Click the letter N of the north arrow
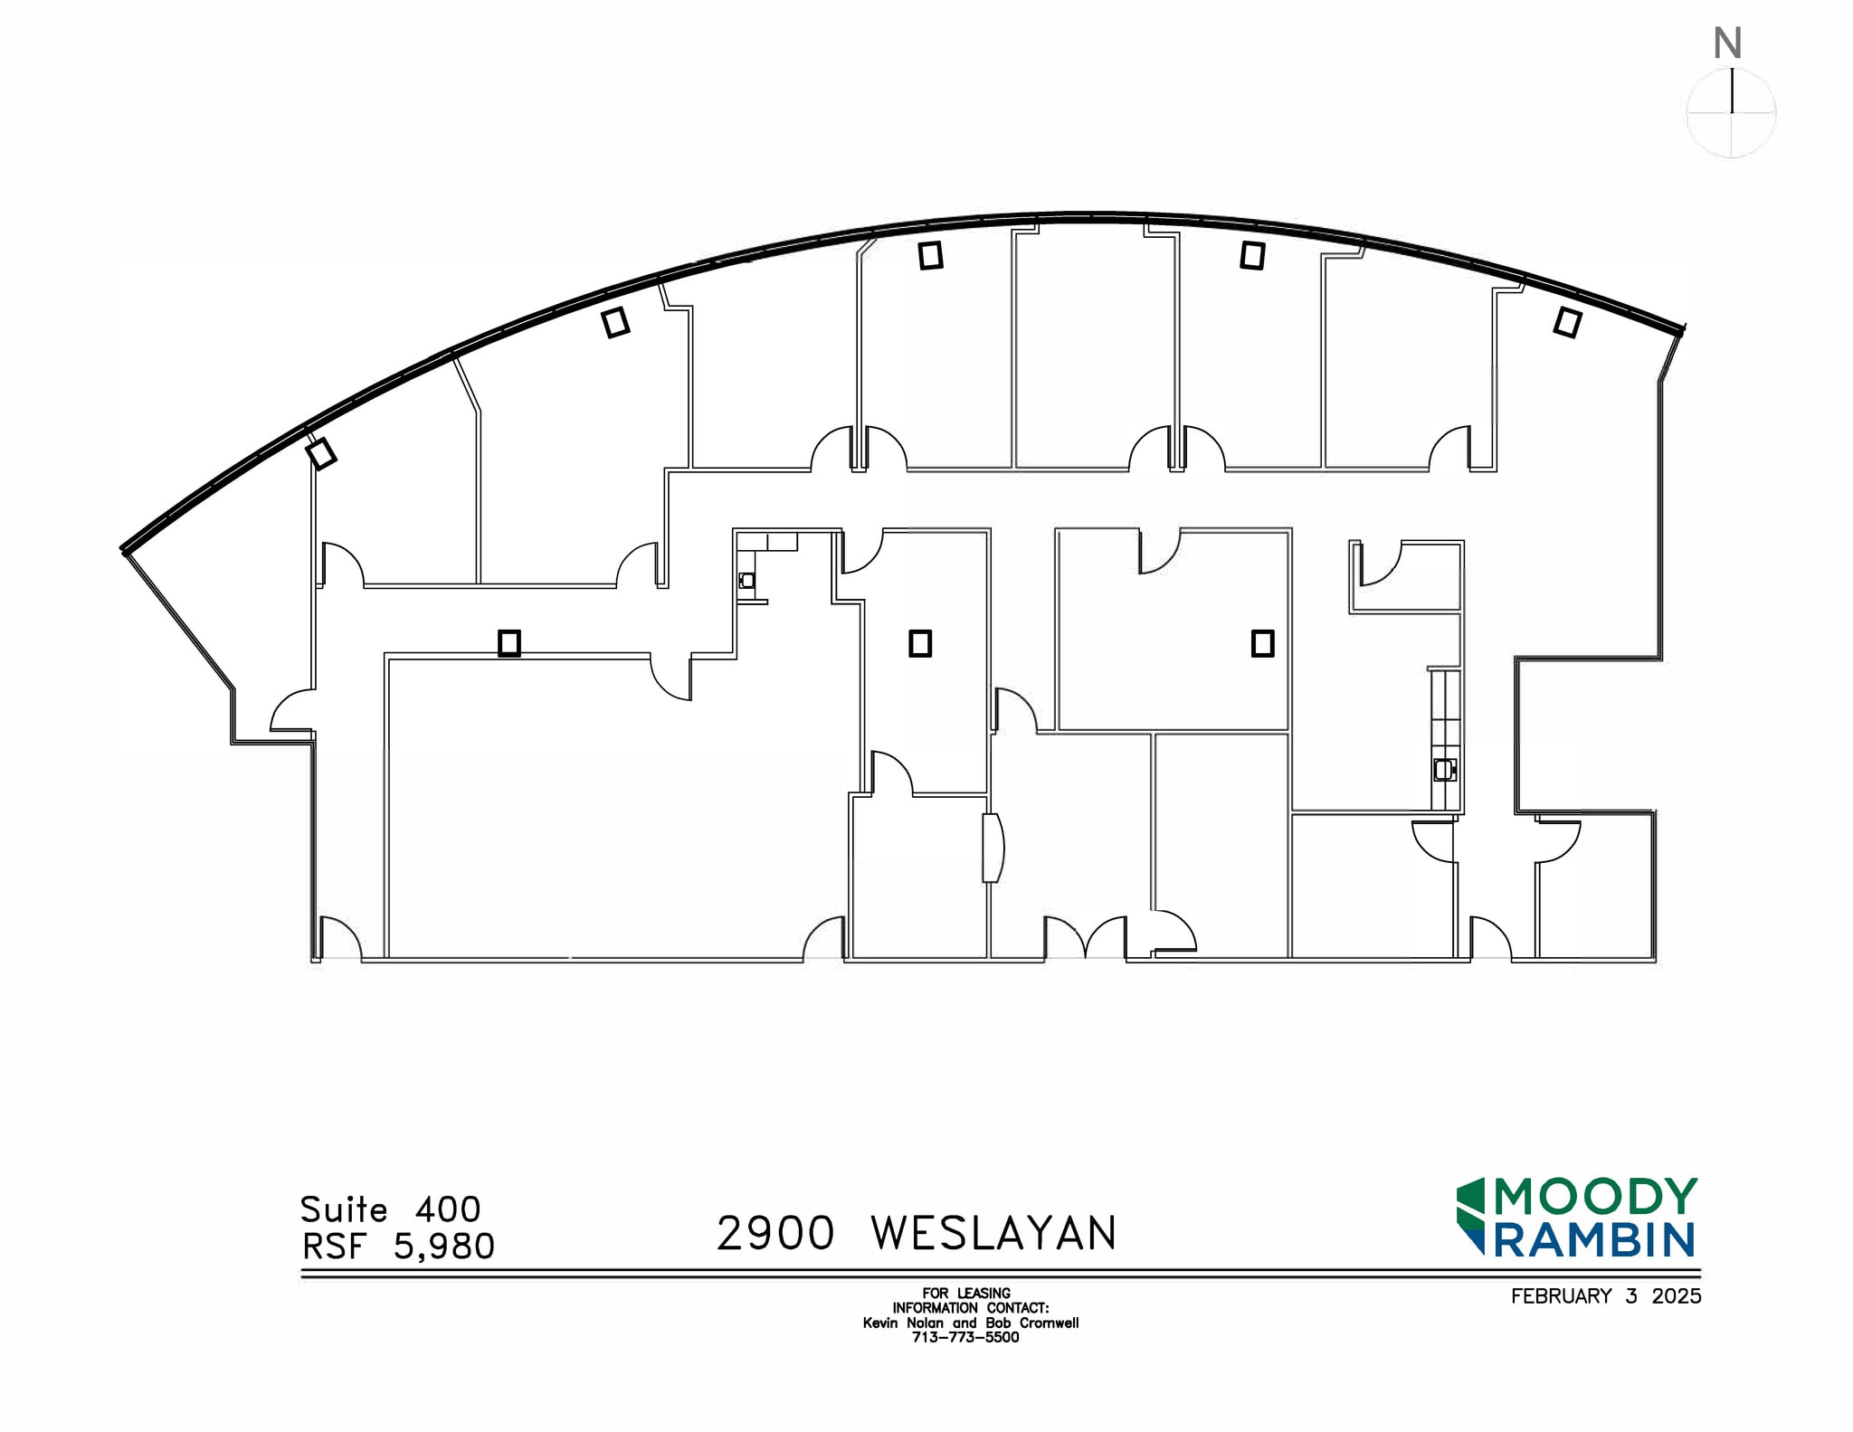[x=1727, y=43]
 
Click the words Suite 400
[x=390, y=1209]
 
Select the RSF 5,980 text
[x=398, y=1247]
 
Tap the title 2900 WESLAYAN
[x=917, y=1233]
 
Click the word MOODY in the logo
[x=1595, y=1197]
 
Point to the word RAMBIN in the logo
[x=1593, y=1240]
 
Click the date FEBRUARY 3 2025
[x=1605, y=1296]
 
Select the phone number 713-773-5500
[x=965, y=1337]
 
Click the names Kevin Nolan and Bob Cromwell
[x=970, y=1323]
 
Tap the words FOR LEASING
[x=965, y=1293]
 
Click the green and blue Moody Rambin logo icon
[x=1471, y=1217]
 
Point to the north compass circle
[x=1731, y=114]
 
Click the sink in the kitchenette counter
[x=1444, y=770]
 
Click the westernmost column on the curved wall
[x=320, y=452]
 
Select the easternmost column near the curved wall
[x=1567, y=322]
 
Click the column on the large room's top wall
[x=509, y=643]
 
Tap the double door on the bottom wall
[x=1086, y=939]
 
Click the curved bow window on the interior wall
[x=993, y=848]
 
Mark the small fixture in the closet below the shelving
[x=746, y=581]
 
